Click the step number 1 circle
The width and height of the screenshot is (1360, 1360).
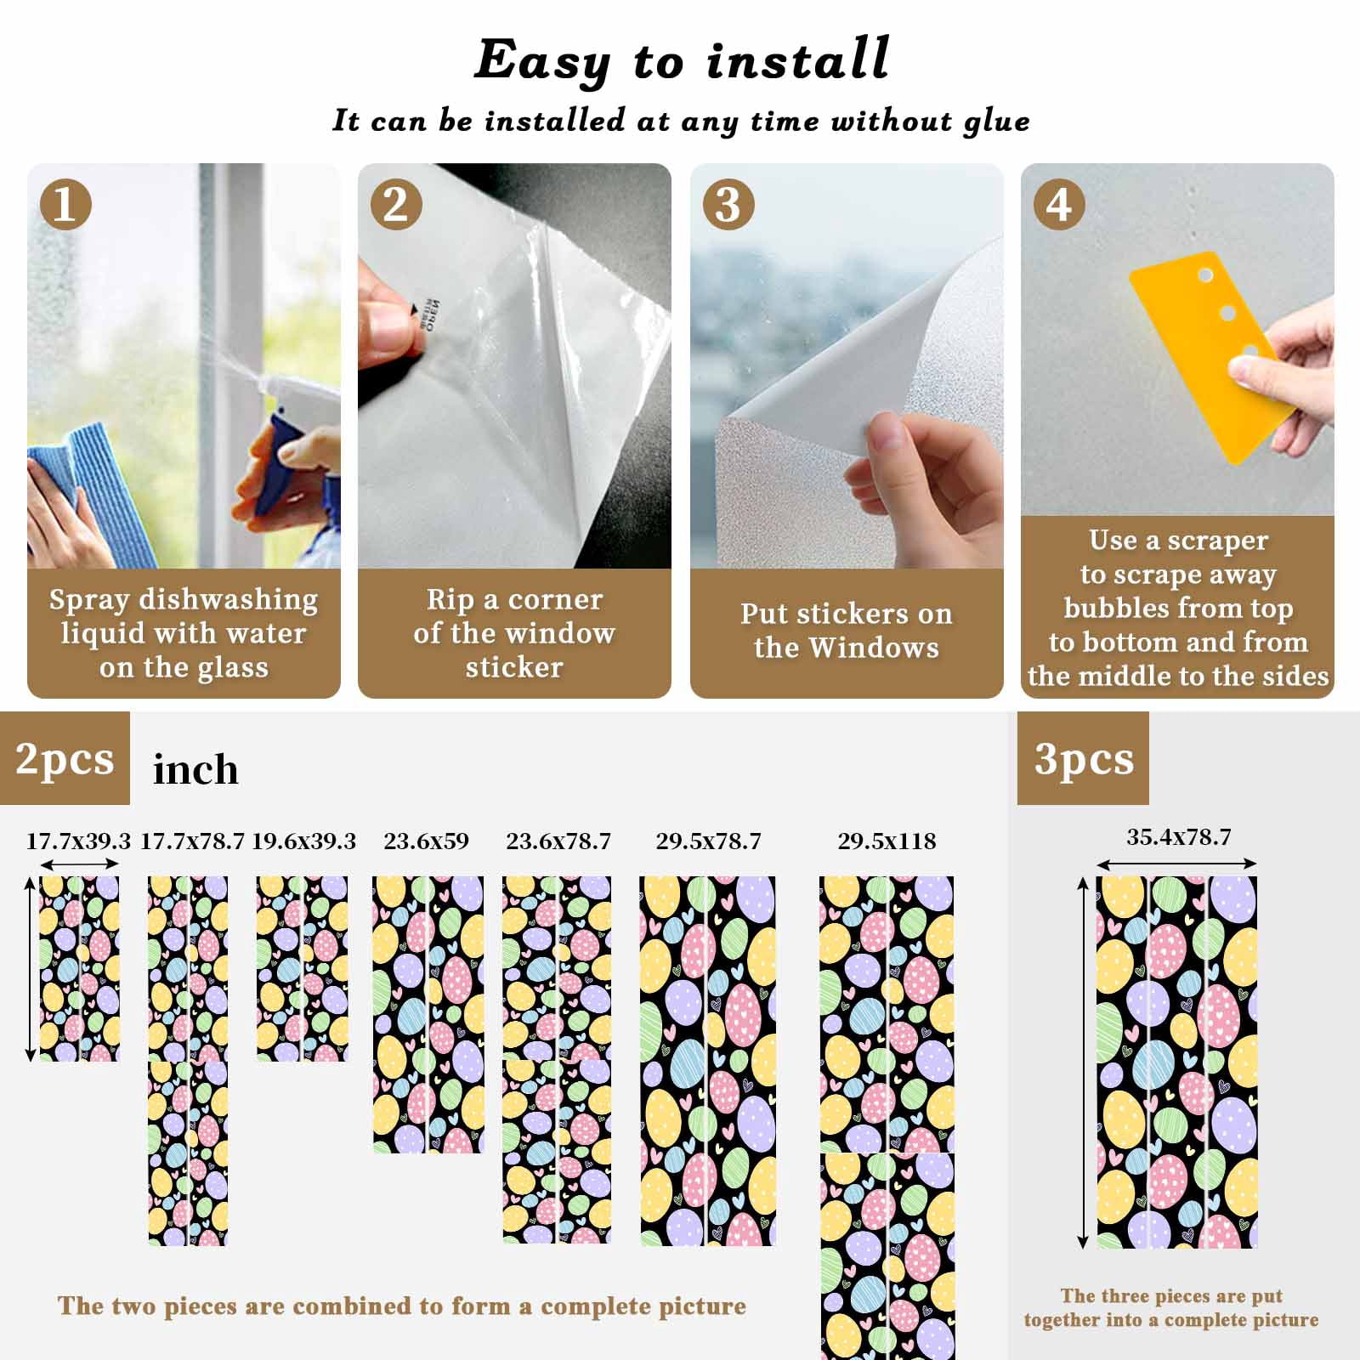tap(65, 204)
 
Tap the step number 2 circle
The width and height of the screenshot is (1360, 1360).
tap(396, 204)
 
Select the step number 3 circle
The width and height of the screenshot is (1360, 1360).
tap(728, 204)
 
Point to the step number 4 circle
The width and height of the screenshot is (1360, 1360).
tap(1059, 204)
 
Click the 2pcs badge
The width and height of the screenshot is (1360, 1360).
tap(65, 758)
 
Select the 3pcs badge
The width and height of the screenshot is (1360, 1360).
tap(1083, 758)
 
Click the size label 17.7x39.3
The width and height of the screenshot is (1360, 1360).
tap(78, 841)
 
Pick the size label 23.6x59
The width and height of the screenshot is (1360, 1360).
tap(426, 841)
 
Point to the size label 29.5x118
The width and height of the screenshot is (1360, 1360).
tap(887, 841)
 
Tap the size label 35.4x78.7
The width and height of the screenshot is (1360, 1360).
tap(1178, 837)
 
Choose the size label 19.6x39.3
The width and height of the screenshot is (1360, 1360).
tap(303, 841)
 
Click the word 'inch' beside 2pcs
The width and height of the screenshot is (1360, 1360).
tap(195, 769)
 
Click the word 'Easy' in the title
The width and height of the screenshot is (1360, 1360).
tap(542, 61)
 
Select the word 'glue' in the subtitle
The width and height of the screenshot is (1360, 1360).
tap(996, 122)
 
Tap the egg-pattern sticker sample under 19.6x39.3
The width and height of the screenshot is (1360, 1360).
tap(302, 969)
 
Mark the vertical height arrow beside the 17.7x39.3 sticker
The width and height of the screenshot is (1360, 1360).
tap(31, 969)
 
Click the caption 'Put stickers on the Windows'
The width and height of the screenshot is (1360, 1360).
tap(847, 631)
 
